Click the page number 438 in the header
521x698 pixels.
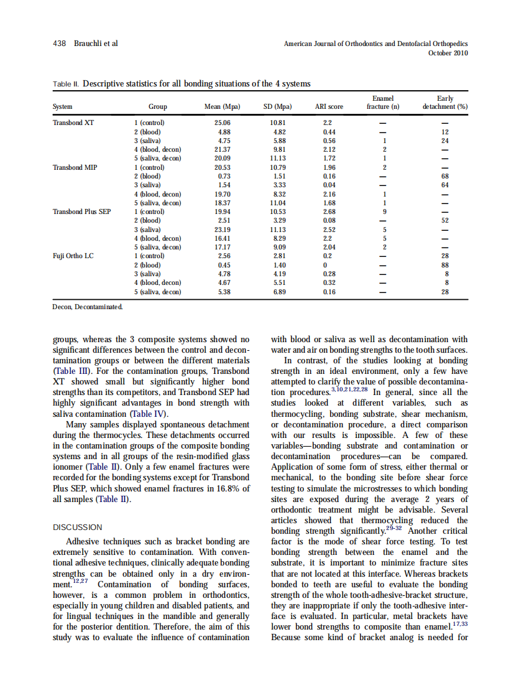60,44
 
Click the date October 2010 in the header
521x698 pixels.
448,53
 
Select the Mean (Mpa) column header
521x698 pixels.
222,107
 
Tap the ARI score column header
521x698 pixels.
329,107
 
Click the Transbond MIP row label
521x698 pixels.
75,167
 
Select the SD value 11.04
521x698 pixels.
278,203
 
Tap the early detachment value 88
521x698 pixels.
445,265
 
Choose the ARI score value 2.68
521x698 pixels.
330,212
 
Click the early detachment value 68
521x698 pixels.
445,177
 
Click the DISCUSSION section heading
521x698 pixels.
78,528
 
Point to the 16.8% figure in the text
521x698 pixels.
221,488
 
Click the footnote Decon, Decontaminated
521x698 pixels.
88,307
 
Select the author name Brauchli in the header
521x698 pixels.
88,44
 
